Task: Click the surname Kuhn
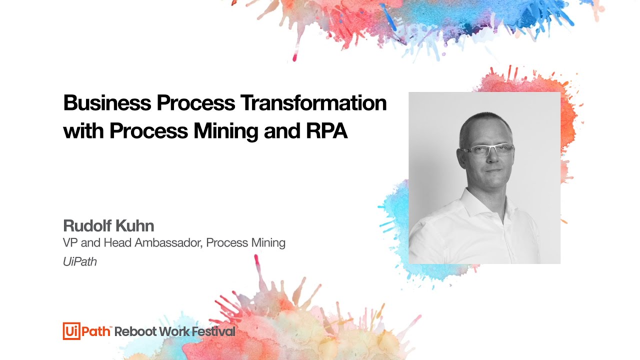(135, 225)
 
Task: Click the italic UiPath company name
(79, 261)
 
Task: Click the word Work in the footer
(173, 331)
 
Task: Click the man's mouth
(492, 170)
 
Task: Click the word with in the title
(83, 130)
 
